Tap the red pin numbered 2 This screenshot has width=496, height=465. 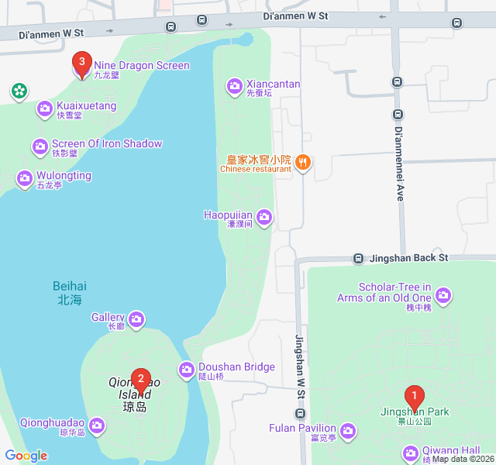tap(140, 379)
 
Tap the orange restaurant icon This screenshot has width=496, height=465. tap(303, 163)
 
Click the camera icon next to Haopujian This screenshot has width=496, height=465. tap(264, 216)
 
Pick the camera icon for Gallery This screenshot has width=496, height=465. tap(136, 319)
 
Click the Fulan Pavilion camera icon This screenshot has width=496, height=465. tap(348, 429)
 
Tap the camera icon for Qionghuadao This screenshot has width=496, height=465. tap(97, 425)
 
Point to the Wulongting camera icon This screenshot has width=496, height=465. tap(25, 178)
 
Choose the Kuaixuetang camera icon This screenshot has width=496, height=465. tap(44, 108)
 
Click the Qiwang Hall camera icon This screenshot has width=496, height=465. tap(410, 453)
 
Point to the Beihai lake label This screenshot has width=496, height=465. tap(71, 292)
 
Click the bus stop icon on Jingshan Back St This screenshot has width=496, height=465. tap(359, 258)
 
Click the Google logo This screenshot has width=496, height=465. tap(26, 456)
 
